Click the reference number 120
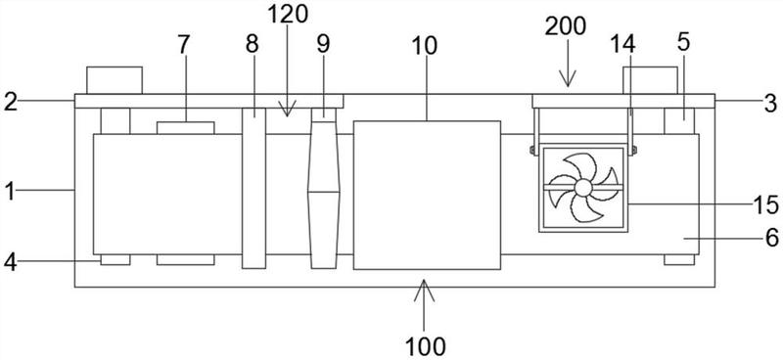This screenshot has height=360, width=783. pyautogui.click(x=288, y=15)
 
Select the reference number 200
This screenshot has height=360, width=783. pyautogui.click(x=566, y=26)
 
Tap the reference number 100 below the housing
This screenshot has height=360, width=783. pyautogui.click(x=426, y=345)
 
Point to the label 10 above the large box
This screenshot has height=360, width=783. pyautogui.click(x=425, y=46)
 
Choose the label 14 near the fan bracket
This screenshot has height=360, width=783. pyautogui.click(x=622, y=44)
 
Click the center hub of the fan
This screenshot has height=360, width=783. pyautogui.click(x=582, y=188)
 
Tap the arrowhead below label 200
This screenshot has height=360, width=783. pyautogui.click(x=568, y=79)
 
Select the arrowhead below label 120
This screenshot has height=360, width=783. pyautogui.click(x=287, y=108)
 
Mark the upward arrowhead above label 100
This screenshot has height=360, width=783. pyautogui.click(x=425, y=290)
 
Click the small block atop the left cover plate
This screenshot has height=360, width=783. pyautogui.click(x=115, y=80)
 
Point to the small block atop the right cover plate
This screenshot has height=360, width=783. pyautogui.click(x=650, y=80)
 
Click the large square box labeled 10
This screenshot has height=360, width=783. pyautogui.click(x=427, y=195)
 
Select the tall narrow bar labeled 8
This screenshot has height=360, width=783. pyautogui.click(x=253, y=188)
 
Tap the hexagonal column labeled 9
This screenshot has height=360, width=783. pyautogui.click(x=324, y=188)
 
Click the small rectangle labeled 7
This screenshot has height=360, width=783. pyautogui.click(x=186, y=128)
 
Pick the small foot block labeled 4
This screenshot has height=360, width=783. pyautogui.click(x=115, y=259)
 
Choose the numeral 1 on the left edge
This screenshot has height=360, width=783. pyautogui.click(x=9, y=190)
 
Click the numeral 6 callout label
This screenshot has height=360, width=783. pyautogui.click(x=771, y=239)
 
